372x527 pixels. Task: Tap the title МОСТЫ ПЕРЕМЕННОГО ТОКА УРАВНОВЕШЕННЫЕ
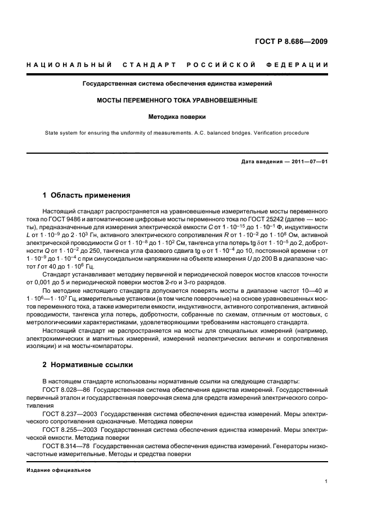[x=178, y=100]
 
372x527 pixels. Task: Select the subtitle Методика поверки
[x=178, y=117]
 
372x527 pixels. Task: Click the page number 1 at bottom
[x=326, y=481]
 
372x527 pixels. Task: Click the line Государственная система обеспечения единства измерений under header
[x=178, y=83]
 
